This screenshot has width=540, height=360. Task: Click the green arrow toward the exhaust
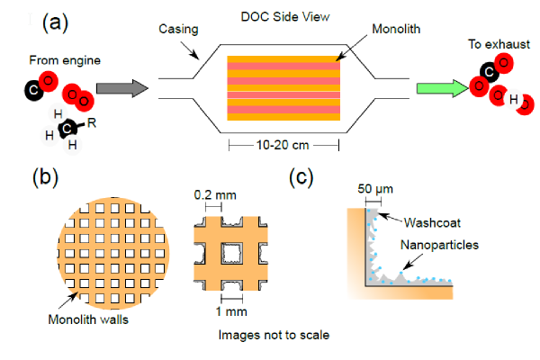[x=438, y=88]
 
